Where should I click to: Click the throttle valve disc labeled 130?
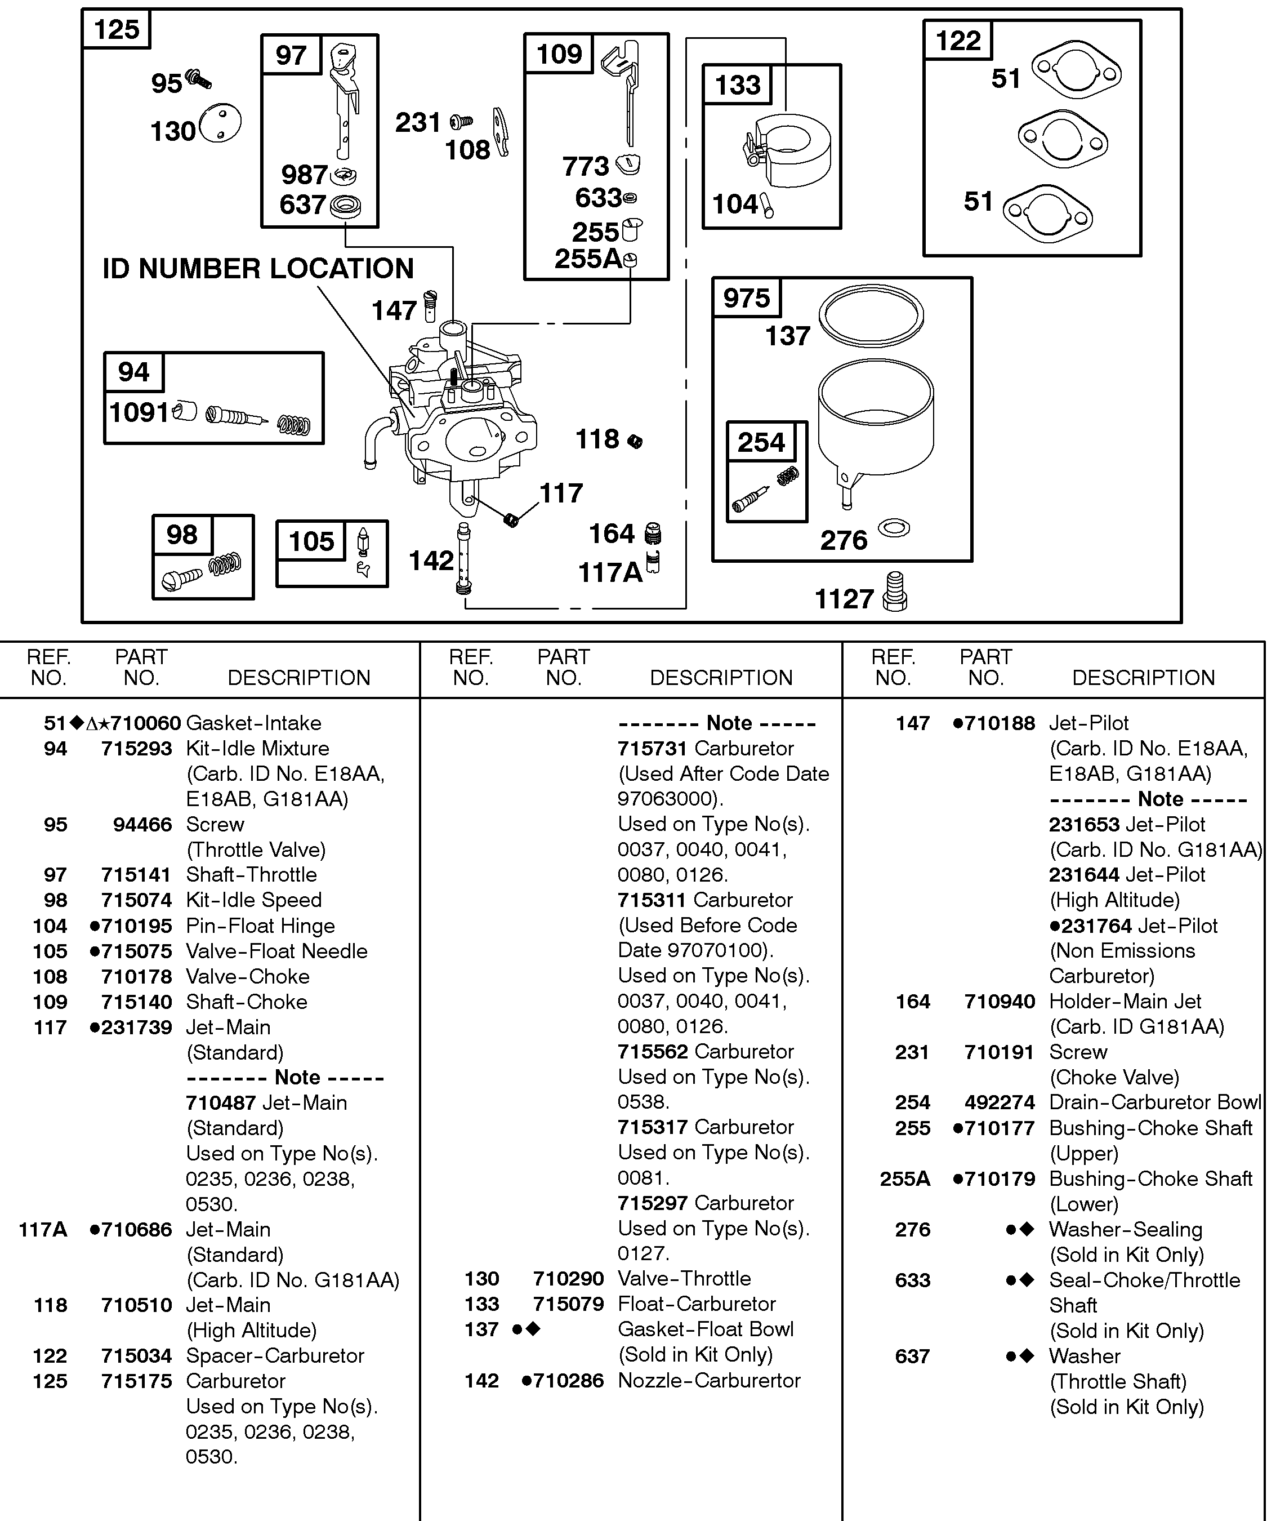point(220,124)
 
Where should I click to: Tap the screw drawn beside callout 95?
point(198,78)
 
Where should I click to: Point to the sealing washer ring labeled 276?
point(894,527)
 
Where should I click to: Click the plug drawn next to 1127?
point(895,591)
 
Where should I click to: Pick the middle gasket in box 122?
point(1062,139)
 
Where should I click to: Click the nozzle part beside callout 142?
point(463,559)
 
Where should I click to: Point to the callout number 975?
point(747,297)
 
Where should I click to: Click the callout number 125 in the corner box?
point(117,30)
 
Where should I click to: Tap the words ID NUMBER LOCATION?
point(258,269)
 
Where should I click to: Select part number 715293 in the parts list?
point(137,748)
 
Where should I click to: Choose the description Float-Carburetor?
point(697,1304)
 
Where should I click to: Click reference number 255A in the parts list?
point(905,1178)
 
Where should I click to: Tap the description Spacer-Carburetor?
point(275,1355)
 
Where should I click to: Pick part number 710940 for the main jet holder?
point(1000,1002)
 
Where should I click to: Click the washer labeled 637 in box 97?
point(345,206)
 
